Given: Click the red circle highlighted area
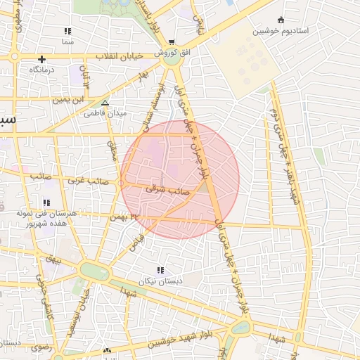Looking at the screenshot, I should pyautogui.click(x=180, y=179).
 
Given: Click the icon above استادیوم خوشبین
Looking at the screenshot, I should pyautogui.click(x=282, y=20).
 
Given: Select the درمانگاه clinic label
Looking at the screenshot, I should pyautogui.click(x=42, y=70).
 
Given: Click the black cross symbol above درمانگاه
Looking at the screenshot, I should pyautogui.click(x=42, y=59).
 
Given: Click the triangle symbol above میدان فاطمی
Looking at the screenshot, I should pyautogui.click(x=105, y=102).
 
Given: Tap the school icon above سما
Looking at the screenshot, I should pyautogui.click(x=67, y=31).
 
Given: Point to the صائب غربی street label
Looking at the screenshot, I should pyautogui.click(x=87, y=181).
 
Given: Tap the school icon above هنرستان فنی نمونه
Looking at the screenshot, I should pyautogui.click(x=46, y=202).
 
